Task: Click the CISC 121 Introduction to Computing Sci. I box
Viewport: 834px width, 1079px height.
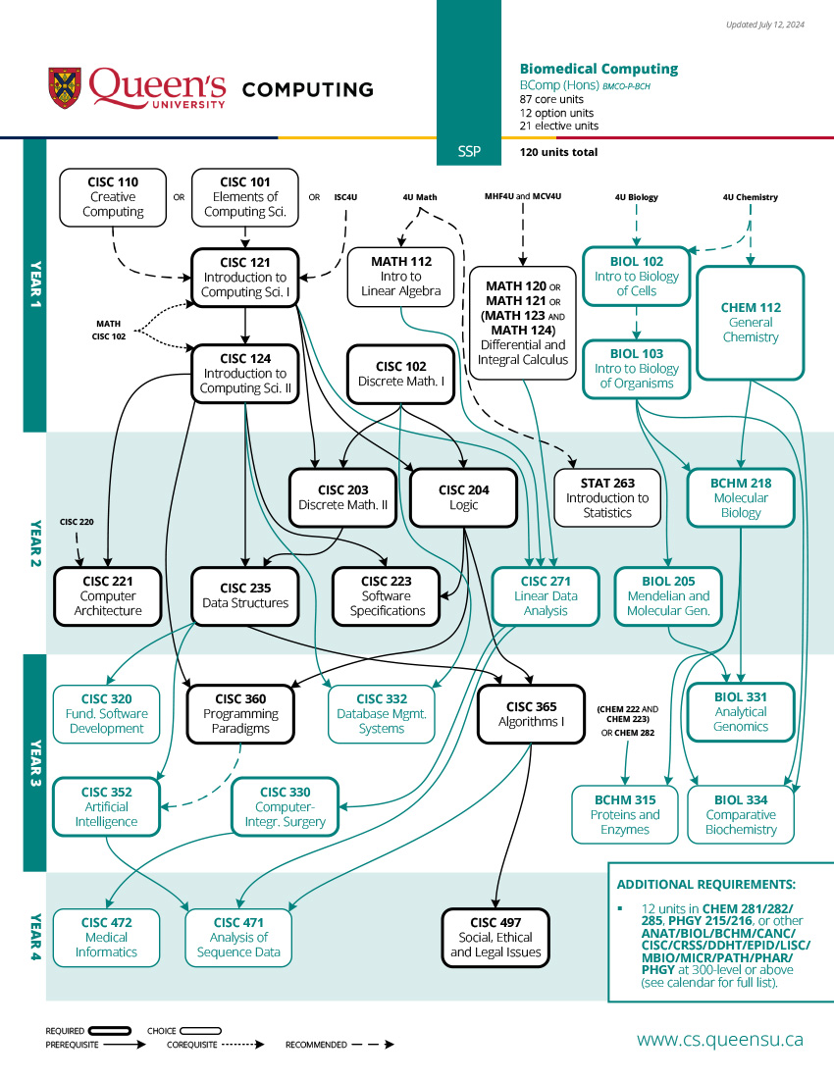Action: (x=245, y=278)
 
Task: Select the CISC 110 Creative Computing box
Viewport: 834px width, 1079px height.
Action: (x=113, y=196)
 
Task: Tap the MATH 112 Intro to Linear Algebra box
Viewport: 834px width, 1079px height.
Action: (x=401, y=276)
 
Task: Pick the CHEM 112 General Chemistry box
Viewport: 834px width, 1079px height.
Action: (x=751, y=323)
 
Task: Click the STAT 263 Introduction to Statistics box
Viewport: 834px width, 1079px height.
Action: (x=607, y=497)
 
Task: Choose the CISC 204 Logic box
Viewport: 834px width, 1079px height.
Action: (x=463, y=497)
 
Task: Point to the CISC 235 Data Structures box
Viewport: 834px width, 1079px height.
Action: (x=245, y=595)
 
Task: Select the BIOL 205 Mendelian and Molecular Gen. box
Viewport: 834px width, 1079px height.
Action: (x=668, y=595)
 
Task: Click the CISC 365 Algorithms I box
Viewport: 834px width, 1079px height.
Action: (x=532, y=713)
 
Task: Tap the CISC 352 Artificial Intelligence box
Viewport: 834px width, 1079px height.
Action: (x=106, y=806)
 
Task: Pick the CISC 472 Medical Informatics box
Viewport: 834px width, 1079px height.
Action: (x=106, y=937)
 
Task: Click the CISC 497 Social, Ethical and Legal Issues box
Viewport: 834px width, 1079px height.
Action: (x=495, y=937)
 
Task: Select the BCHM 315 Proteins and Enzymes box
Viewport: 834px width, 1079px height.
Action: (x=625, y=814)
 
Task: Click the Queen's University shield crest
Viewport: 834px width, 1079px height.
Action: (x=65, y=87)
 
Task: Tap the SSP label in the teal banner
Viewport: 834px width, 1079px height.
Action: (x=470, y=152)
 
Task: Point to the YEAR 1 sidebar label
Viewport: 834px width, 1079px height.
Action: (x=34, y=284)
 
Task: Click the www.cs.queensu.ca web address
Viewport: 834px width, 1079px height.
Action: (x=720, y=1039)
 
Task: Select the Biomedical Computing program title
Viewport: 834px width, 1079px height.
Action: (x=599, y=69)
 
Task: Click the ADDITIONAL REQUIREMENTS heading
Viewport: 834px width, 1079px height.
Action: (x=705, y=884)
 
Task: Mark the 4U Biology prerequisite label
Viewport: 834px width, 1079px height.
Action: (x=637, y=197)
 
